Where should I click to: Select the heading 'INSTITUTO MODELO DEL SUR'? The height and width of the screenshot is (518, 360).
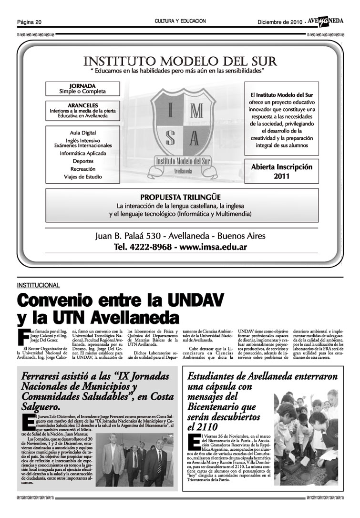coord(180,62)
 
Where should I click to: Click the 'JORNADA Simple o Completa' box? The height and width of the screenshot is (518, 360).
coord(82,88)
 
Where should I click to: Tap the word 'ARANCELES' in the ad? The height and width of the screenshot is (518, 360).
coord(82,105)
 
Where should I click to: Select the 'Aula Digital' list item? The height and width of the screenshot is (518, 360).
coord(82,133)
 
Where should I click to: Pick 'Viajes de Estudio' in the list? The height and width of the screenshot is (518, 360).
coord(82,177)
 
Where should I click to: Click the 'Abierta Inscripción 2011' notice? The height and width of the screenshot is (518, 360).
coord(281,172)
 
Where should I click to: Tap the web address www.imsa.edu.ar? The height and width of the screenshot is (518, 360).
coord(213,248)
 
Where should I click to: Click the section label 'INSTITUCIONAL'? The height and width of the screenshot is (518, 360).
coord(38,285)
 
